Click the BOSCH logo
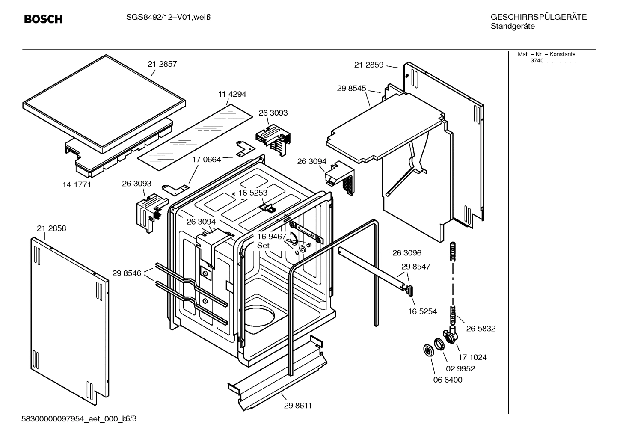43,19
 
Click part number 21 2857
162,64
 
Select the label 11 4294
232,94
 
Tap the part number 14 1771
77,185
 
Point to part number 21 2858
51,228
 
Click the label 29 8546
127,273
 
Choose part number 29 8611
298,406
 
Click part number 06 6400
448,380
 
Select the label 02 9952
460,368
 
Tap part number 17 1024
472,357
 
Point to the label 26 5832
481,329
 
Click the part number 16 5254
422,311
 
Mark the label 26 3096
407,253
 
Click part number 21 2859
369,65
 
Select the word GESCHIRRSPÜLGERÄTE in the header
539,17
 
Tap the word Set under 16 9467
263,246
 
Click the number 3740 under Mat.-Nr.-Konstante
537,61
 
